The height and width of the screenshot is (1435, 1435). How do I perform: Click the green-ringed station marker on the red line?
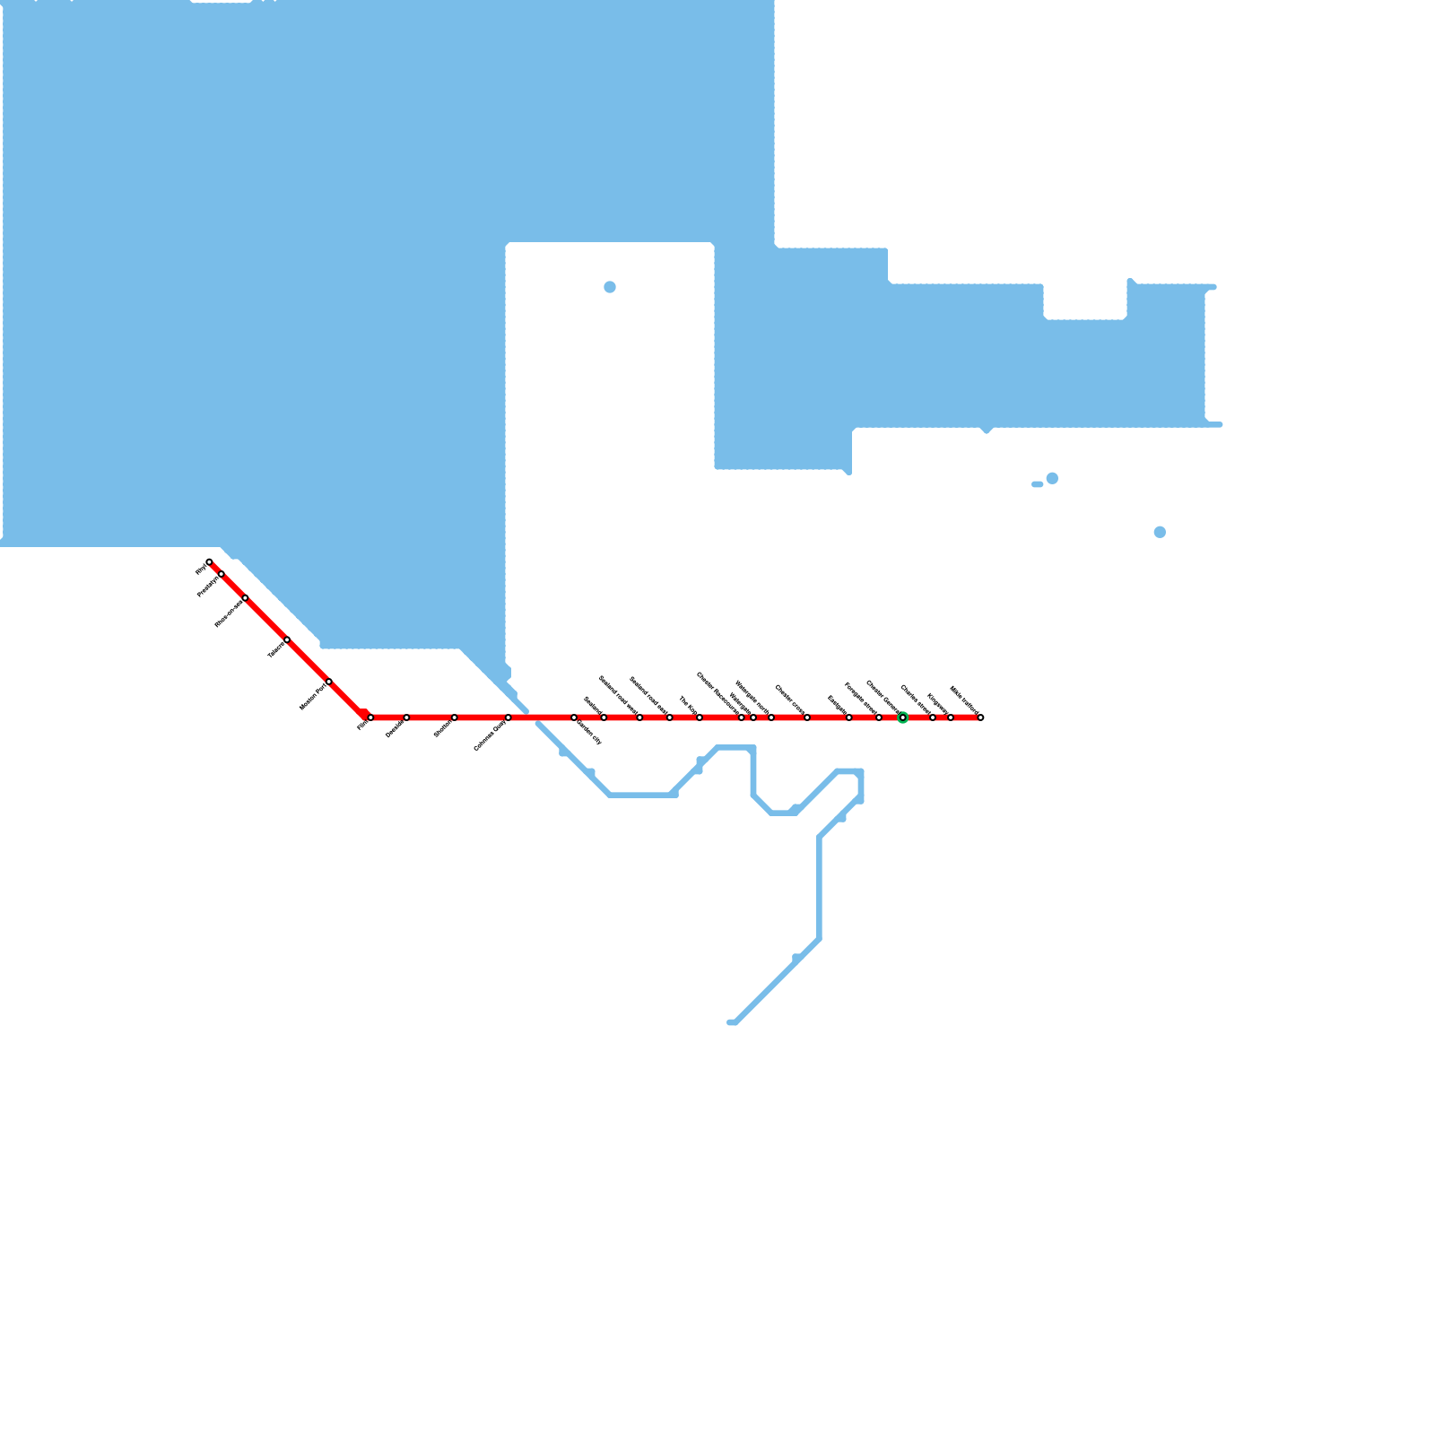(x=902, y=717)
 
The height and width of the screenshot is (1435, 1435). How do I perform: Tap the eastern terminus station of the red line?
(x=980, y=717)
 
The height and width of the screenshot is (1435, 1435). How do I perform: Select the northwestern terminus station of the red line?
(x=209, y=562)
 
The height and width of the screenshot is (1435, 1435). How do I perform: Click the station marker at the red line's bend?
(x=370, y=717)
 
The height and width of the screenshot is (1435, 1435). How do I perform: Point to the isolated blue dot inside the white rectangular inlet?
(x=610, y=287)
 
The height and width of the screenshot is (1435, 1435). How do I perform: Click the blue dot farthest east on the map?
(x=1160, y=532)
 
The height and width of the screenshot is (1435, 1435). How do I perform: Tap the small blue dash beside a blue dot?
(x=1037, y=484)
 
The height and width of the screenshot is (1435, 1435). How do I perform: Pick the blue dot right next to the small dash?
(x=1052, y=478)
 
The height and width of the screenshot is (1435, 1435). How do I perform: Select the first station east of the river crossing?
(x=574, y=717)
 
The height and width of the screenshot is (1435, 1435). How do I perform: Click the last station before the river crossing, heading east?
(x=508, y=717)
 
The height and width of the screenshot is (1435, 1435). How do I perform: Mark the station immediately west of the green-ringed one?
(x=878, y=717)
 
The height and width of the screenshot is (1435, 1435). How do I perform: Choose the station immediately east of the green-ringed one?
(x=933, y=717)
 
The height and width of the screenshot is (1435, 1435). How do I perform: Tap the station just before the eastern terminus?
(x=951, y=717)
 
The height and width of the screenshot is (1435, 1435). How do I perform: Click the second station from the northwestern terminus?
(x=222, y=574)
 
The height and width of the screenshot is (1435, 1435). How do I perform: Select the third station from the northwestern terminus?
(x=245, y=598)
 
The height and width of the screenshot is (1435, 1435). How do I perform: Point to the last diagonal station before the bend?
(x=329, y=682)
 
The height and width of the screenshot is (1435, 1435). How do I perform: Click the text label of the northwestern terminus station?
(x=201, y=569)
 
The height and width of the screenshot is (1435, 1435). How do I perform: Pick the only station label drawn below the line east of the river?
(x=588, y=733)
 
